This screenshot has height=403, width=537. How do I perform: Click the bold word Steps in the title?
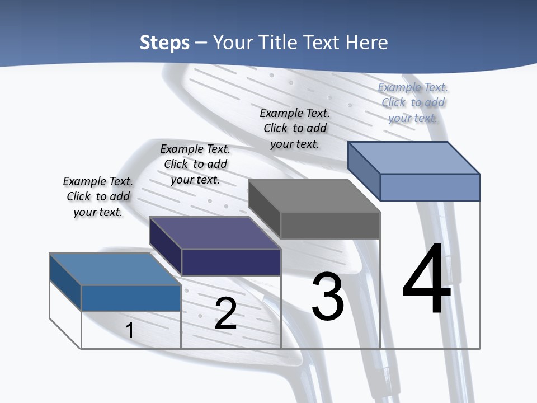164,43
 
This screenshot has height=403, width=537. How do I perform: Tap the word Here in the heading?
364,43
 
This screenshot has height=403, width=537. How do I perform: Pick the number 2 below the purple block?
225,313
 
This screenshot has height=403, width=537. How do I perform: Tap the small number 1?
129,330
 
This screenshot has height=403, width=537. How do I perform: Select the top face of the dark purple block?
215,233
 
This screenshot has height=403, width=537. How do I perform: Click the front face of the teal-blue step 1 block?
131,298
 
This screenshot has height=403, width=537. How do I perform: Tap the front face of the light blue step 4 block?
430,187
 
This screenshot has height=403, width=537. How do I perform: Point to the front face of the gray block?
330,225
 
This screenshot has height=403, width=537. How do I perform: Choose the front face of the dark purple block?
231,262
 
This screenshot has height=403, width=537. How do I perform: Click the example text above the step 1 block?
98,196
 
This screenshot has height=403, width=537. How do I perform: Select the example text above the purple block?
195,164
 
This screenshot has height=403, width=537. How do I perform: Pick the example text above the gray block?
295,128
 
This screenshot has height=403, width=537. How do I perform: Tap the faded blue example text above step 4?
413,102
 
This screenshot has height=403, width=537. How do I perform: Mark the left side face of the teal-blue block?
65,282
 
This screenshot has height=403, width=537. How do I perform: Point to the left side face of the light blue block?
364,170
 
